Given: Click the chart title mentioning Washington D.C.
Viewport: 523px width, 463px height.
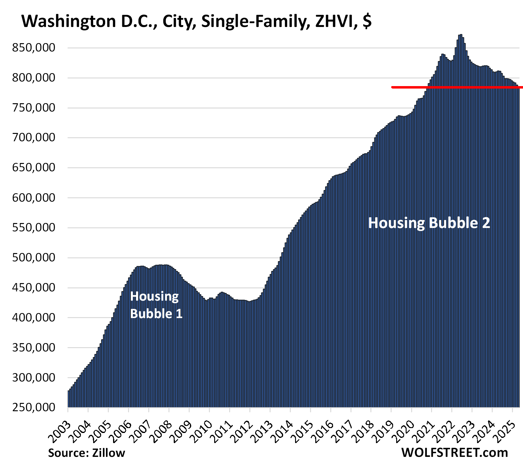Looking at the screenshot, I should coord(196,21).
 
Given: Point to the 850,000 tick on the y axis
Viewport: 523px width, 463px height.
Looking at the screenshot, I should coord(34,48).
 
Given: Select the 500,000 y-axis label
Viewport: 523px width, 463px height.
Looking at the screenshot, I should coord(34,258).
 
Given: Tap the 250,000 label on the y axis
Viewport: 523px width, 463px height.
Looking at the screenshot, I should coord(34,408).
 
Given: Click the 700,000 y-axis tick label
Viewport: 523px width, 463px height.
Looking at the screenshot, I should coord(34,138).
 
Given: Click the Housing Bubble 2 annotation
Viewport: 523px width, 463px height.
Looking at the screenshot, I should coord(429,223).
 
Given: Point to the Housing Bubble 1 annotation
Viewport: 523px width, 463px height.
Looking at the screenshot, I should coord(156,305).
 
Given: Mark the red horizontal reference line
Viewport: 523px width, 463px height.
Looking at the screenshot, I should coord(457,87).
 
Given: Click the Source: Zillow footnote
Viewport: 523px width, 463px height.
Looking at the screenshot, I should coord(87,453).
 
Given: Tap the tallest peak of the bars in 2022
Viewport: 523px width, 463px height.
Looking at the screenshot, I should coord(460,36).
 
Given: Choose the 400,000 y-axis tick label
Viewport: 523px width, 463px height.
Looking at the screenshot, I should coord(34,317).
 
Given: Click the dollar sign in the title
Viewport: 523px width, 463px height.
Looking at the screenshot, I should coord(367,21).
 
